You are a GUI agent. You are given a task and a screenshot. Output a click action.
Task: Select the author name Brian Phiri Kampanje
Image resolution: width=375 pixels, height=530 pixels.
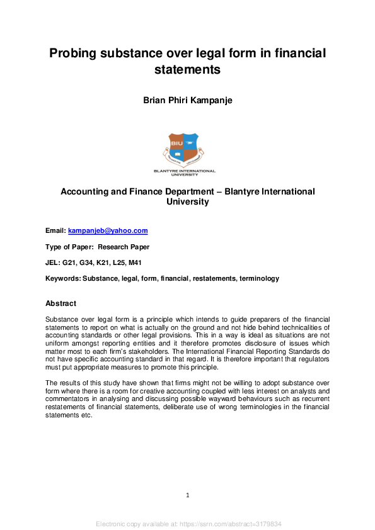[187, 99]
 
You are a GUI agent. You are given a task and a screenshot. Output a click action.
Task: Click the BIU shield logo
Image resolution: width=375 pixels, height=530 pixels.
[184, 149]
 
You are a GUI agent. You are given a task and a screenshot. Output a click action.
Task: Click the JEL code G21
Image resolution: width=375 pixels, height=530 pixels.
[70, 262]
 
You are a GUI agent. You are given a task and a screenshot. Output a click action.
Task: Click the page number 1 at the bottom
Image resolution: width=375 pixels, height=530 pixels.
[188, 495]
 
